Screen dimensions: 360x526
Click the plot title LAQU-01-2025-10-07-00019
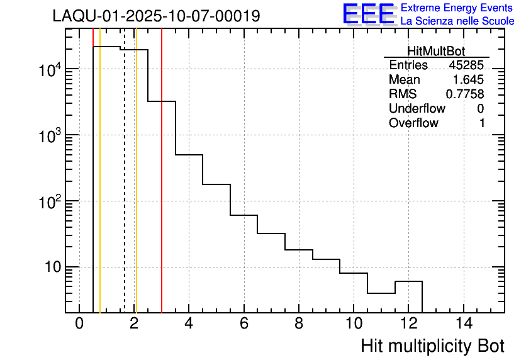156,16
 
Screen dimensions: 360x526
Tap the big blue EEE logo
369,14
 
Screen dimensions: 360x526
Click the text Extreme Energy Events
457,8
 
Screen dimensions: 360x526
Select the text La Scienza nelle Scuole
457,21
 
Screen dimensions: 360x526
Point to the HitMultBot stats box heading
436,52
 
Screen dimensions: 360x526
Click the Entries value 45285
466,65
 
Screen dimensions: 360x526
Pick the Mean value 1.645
468,80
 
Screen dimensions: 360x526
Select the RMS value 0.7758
465,94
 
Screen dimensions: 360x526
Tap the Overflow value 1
482,123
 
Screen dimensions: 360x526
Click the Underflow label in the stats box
417,109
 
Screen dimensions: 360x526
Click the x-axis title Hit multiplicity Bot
432,346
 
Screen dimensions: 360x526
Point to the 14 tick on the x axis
464,323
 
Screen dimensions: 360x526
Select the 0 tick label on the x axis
79,323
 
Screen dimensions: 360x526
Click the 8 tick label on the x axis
299,323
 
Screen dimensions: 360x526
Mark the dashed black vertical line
125,189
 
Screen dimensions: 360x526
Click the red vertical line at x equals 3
162,189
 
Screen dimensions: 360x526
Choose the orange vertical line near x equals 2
136,189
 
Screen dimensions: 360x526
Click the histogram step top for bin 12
408,281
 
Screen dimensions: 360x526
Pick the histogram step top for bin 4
189,155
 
